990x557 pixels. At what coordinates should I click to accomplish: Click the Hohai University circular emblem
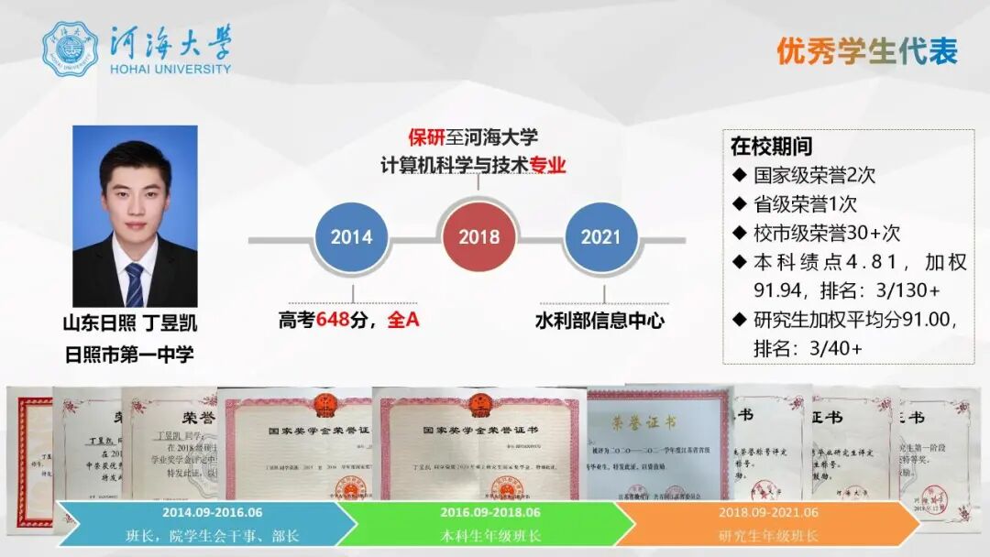(x=70, y=49)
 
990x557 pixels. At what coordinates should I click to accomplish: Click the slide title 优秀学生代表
(x=866, y=51)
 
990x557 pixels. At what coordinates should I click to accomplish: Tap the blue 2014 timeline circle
(x=351, y=237)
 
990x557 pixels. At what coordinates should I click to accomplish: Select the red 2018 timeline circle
(x=478, y=237)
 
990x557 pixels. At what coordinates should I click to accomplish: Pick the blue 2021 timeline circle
(x=600, y=237)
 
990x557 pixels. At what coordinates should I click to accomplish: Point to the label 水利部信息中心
(x=599, y=321)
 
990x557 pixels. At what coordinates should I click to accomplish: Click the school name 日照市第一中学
(x=129, y=354)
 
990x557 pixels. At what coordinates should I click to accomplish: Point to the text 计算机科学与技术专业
(x=473, y=166)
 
